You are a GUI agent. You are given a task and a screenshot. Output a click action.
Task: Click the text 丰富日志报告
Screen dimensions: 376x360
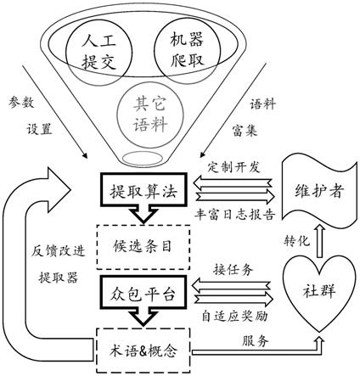(x=234, y=215)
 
